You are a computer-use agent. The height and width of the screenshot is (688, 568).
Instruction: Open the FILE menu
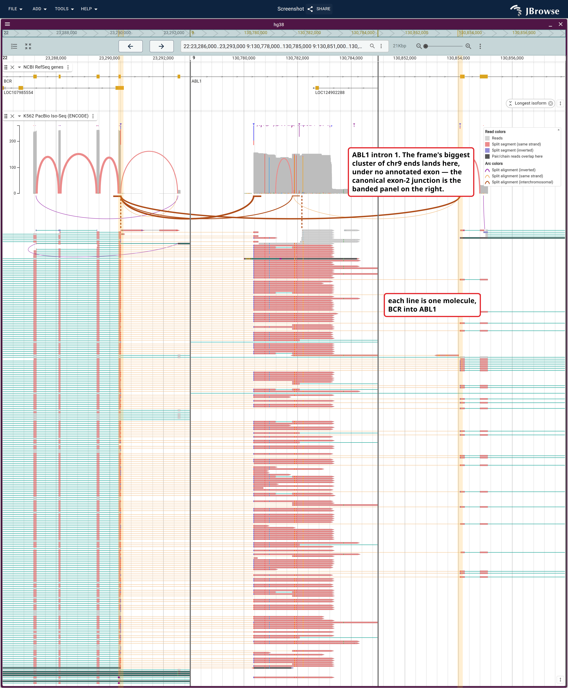(x=15, y=9)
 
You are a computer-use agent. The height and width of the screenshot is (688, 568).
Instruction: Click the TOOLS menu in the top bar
(x=64, y=9)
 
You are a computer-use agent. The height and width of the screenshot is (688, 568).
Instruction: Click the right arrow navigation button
(x=161, y=46)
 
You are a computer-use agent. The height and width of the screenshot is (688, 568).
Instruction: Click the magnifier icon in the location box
(x=372, y=46)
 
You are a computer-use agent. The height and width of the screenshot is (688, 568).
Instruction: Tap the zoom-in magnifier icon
(x=468, y=46)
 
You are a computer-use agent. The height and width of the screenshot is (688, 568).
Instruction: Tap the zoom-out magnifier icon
(x=419, y=46)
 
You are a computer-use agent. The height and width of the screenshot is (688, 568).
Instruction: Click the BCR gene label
(x=8, y=81)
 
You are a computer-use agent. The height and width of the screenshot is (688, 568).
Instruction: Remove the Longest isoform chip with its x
(x=551, y=103)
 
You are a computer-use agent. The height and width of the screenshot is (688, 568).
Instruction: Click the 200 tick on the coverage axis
(x=12, y=141)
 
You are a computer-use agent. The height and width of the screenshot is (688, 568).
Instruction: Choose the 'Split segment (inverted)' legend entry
(x=512, y=150)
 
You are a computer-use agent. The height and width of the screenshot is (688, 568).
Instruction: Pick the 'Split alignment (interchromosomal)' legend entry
(x=522, y=182)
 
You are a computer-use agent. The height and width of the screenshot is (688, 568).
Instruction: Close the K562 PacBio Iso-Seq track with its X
(x=12, y=116)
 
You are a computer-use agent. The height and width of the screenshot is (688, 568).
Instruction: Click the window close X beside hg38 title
(x=560, y=24)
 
